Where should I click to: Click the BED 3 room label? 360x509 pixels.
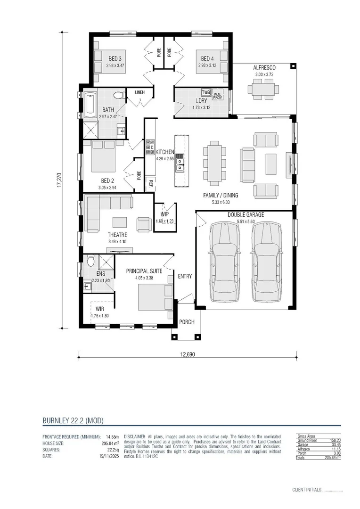(x=115, y=58)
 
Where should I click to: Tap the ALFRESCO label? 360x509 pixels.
(x=264, y=68)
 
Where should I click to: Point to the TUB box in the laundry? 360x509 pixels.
(x=205, y=92)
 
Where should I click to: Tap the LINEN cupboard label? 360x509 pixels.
(x=140, y=92)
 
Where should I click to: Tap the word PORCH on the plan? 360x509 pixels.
(x=187, y=322)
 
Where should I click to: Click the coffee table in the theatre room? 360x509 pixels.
(x=119, y=222)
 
